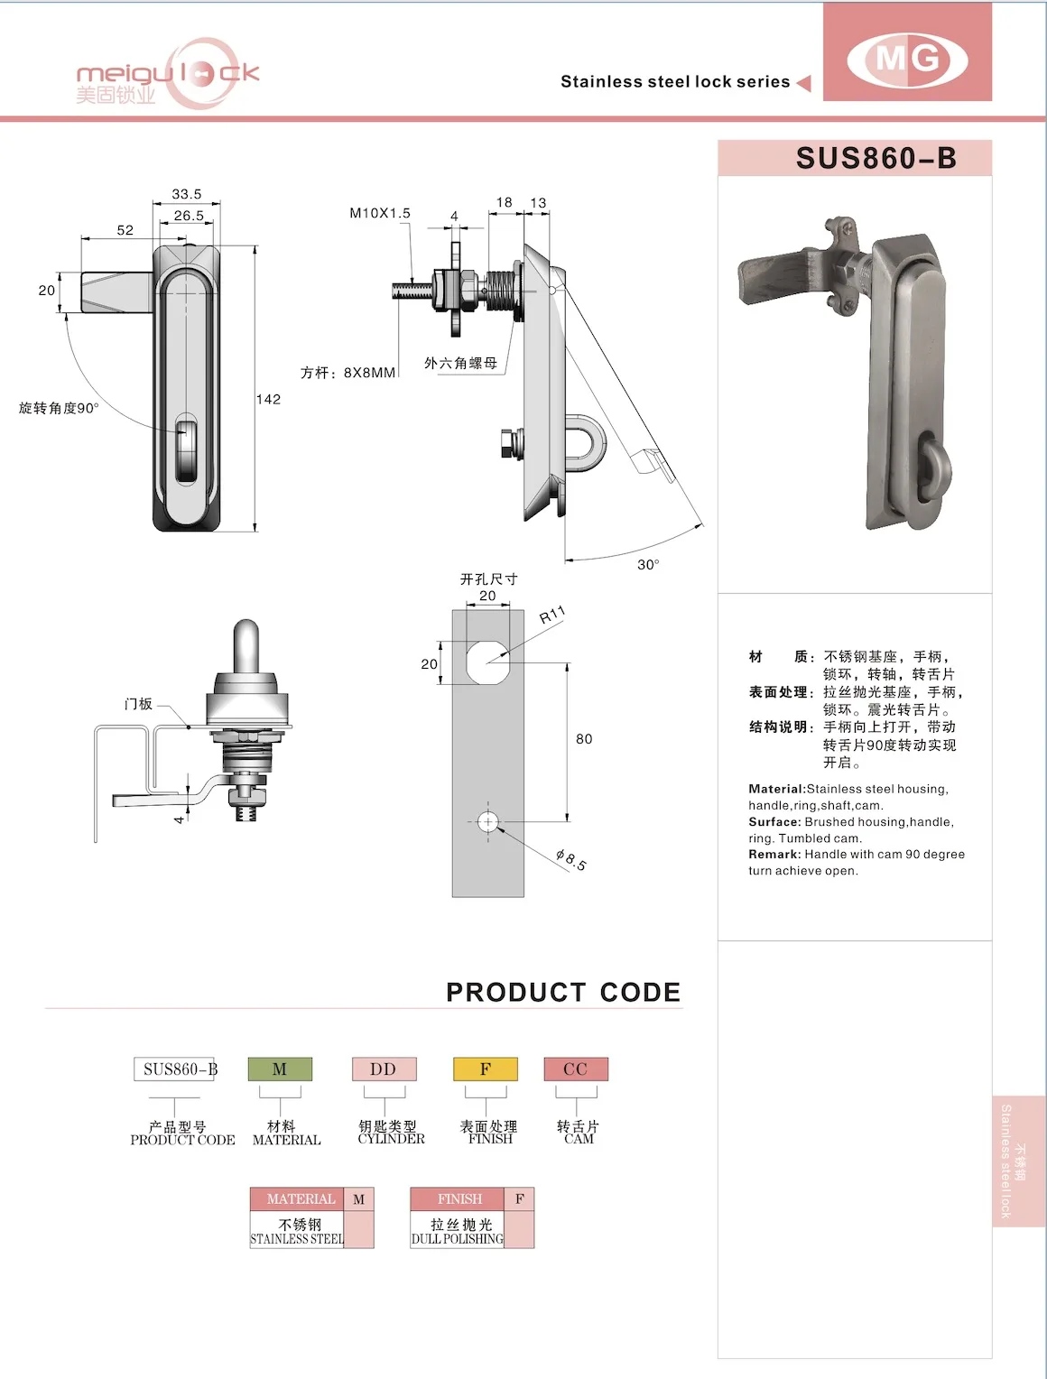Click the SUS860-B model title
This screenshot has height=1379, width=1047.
point(875,158)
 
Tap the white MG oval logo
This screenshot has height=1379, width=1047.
point(907,60)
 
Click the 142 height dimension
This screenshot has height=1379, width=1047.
point(269,399)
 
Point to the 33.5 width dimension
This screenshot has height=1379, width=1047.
point(187,194)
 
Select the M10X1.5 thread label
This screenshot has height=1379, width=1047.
point(380,213)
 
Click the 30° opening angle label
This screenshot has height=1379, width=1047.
point(648,564)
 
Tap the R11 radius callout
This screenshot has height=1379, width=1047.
point(551,615)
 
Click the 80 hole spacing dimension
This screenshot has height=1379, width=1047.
point(584,739)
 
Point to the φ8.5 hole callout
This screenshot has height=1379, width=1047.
point(570,859)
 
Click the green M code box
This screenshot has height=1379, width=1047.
point(280,1069)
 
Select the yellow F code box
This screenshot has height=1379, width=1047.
point(486,1069)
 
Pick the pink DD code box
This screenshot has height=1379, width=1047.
point(384,1069)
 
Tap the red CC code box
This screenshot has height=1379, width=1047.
point(576,1069)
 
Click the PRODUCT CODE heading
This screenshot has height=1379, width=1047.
point(563,992)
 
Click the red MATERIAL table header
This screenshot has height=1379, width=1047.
point(301,1199)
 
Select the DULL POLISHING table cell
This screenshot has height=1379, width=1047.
point(457,1232)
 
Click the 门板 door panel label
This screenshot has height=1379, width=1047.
point(138,704)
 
